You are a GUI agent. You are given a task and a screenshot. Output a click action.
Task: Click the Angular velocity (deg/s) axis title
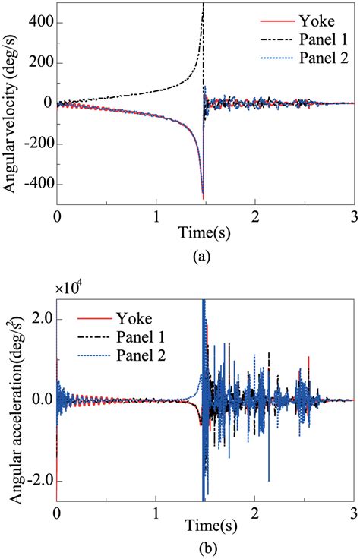click(11, 103)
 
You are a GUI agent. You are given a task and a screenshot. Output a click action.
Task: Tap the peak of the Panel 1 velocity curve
click(203, 6)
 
